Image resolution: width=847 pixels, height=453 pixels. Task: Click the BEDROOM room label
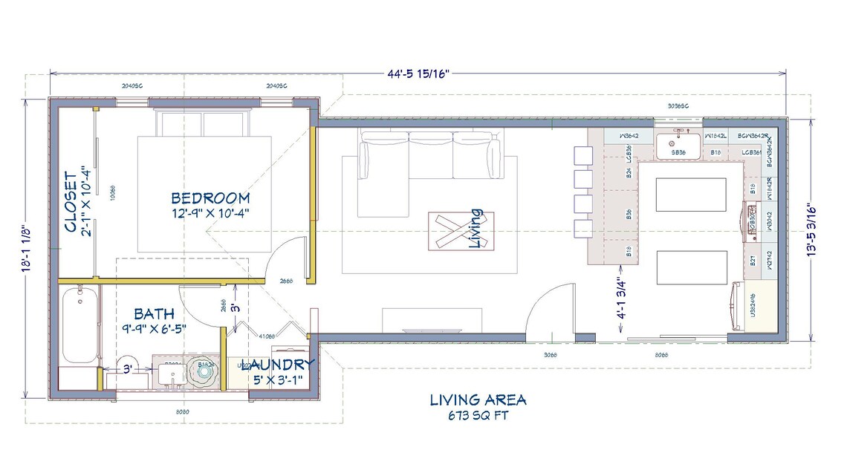point(210,198)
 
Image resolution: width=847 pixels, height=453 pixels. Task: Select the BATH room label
point(155,314)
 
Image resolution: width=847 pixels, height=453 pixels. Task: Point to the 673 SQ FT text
point(478,415)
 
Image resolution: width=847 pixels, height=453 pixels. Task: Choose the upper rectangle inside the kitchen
point(690,195)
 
